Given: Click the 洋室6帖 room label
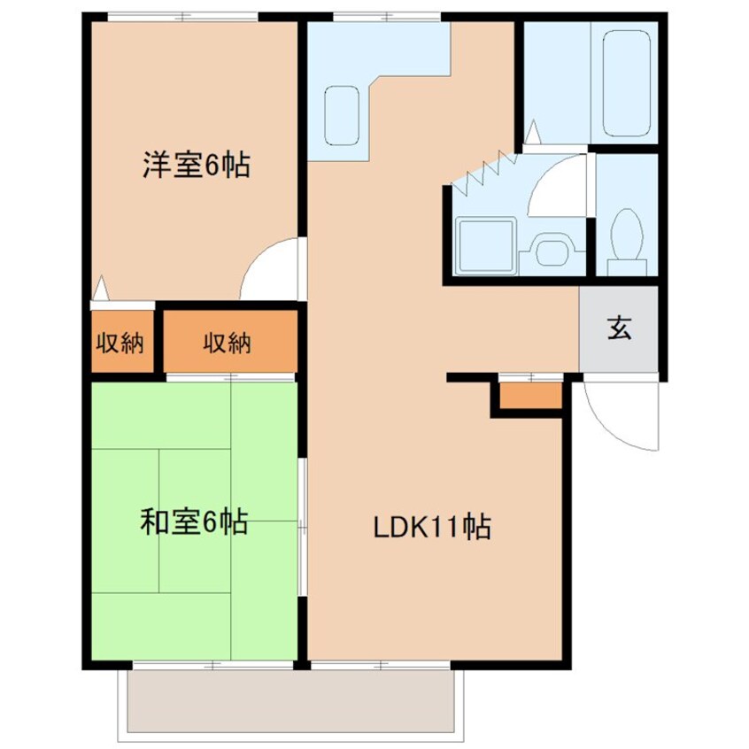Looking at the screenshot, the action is coord(197,165).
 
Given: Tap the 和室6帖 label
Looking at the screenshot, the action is coord(194,521).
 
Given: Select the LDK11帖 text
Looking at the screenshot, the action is coord(432,527).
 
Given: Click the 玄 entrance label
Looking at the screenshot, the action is coord(619,328).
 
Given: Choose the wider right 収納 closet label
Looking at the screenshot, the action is coord(227,343).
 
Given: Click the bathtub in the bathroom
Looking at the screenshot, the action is coord(627,83).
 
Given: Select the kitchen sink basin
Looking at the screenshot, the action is coord(342,116).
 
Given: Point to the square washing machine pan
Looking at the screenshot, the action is coord(486,246).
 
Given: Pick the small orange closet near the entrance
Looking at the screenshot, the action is coord(530,396).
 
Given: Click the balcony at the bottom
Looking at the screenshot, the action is coord(290,701).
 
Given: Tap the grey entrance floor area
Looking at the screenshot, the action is coord(619,328).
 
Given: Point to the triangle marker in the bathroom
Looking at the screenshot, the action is coord(533,131).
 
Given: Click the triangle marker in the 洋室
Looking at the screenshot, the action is coord(101,288).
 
